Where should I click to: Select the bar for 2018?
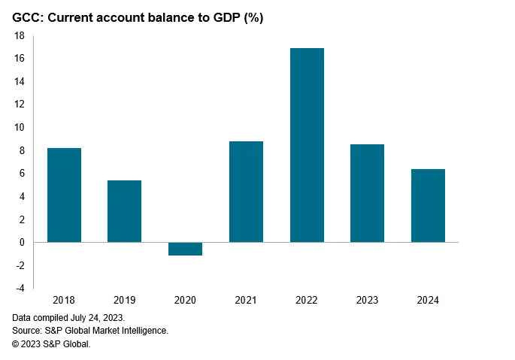[x=64, y=195]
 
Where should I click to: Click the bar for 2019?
[x=124, y=211]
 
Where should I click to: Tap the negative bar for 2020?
[x=185, y=249]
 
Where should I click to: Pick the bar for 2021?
[x=246, y=192]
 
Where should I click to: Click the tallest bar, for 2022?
[x=307, y=145]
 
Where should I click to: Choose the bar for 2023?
[x=367, y=193]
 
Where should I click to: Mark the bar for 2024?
[x=428, y=205]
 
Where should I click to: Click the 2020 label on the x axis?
[x=185, y=300]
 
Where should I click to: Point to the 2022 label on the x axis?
[x=307, y=300]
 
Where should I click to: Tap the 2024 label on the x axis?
[x=428, y=300]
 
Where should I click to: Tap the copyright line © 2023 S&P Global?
[x=50, y=343]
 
